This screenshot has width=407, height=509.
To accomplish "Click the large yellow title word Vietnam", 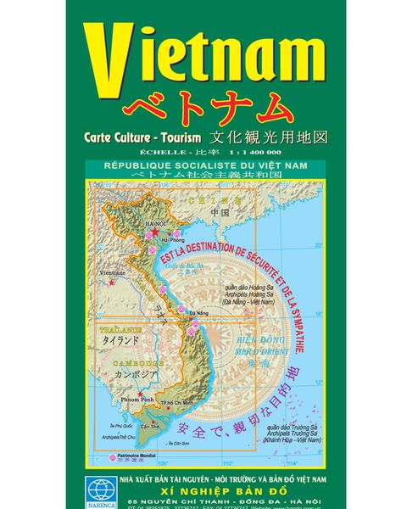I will click(x=203, y=59).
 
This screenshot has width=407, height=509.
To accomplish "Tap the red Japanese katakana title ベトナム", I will click(x=203, y=109).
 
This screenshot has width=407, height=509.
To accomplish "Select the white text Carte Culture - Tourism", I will click(x=142, y=136).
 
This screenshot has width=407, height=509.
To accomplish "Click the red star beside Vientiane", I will click(x=111, y=282).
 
